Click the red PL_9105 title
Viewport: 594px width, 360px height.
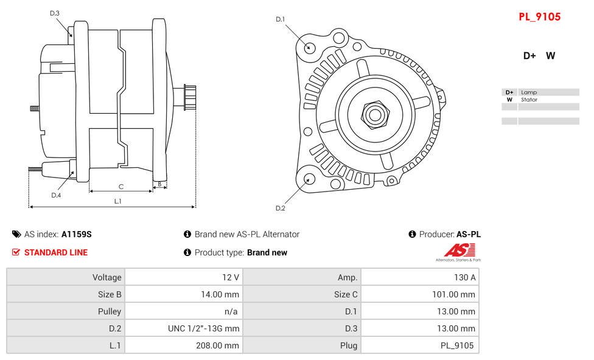pyautogui.click(x=539, y=17)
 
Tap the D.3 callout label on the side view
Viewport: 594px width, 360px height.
pyautogui.click(x=55, y=13)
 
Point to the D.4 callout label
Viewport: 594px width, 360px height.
pyautogui.click(x=56, y=195)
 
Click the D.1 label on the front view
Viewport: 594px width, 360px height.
pyautogui.click(x=280, y=19)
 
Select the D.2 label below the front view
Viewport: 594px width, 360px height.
pyautogui.click(x=280, y=208)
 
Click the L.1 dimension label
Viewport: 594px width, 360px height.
pyautogui.click(x=117, y=201)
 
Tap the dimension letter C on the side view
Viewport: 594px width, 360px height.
pyautogui.click(x=121, y=187)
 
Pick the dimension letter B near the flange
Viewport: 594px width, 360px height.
pyautogui.click(x=159, y=184)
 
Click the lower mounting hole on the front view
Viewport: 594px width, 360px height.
pyautogui.click(x=309, y=179)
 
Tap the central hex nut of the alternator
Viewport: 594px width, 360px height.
pyautogui.click(x=374, y=114)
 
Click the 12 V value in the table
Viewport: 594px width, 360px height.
pyautogui.click(x=231, y=277)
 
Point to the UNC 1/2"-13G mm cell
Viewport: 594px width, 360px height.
pyautogui.click(x=204, y=328)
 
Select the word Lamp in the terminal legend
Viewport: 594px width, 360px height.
pyautogui.click(x=529, y=92)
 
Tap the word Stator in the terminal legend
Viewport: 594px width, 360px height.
pyautogui.click(x=529, y=100)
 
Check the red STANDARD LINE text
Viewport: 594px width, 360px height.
pyautogui.click(x=55, y=252)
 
